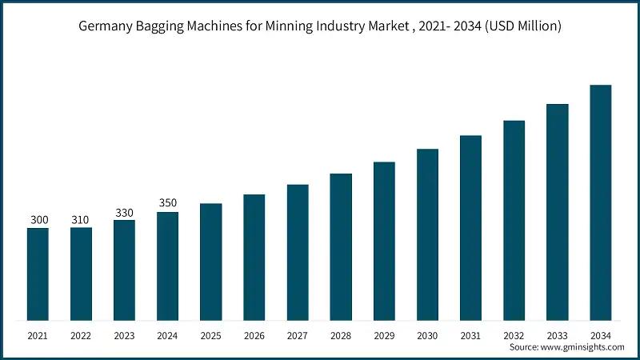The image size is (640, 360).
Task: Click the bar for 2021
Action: (38, 274)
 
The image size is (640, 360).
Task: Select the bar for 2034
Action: (601, 203)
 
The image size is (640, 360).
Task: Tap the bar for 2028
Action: (341, 247)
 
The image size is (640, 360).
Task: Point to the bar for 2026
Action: (254, 258)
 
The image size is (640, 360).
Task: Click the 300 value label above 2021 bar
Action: (38, 219)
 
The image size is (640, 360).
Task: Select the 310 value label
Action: (81, 219)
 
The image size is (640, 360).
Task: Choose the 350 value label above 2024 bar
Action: (167, 202)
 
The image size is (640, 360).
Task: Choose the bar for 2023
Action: (124, 270)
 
